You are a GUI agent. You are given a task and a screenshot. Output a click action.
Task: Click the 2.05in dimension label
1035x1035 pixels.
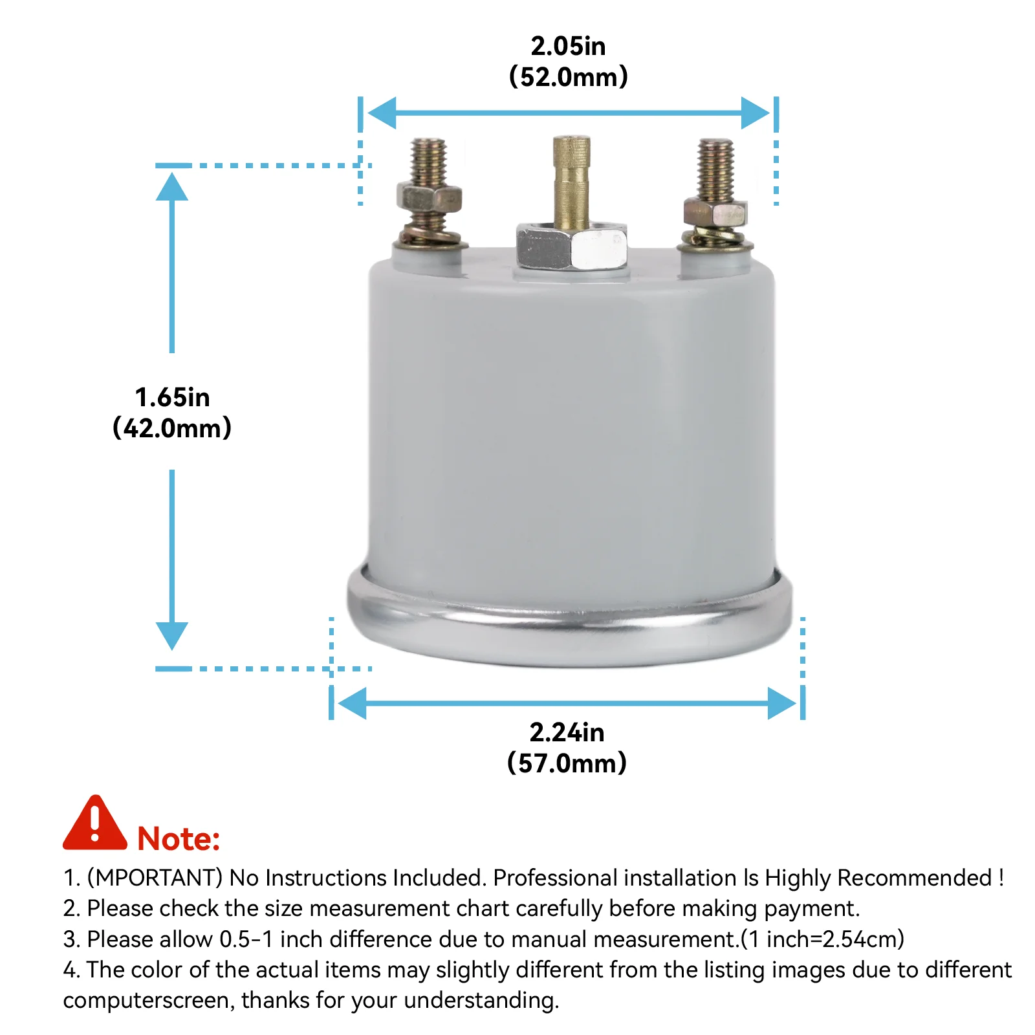(x=568, y=46)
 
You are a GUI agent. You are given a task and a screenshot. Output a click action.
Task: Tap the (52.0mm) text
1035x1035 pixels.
(x=568, y=76)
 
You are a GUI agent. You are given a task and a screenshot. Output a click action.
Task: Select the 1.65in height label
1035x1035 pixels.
(x=172, y=397)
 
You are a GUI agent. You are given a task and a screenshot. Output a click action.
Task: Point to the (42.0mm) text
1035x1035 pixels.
(x=172, y=428)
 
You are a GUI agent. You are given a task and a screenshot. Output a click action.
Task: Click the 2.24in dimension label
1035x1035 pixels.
(x=567, y=732)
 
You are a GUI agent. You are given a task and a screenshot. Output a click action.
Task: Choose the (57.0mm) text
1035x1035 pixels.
(x=567, y=763)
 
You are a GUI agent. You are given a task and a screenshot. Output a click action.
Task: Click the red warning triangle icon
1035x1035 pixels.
(x=95, y=823)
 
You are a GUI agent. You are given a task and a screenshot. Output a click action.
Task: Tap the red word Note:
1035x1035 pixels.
(x=179, y=839)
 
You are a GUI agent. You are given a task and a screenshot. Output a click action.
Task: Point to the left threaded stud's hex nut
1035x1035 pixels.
(x=429, y=197)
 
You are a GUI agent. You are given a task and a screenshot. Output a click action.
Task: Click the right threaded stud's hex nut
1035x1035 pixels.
(x=715, y=212)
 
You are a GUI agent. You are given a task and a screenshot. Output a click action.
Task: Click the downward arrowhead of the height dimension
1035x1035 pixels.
(x=172, y=635)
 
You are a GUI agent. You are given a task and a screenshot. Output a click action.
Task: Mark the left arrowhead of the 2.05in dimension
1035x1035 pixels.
(x=382, y=113)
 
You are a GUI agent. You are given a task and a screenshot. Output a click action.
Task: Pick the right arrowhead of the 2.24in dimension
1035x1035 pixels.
(x=782, y=703)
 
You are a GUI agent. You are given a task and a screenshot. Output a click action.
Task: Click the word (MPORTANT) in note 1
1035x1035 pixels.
(x=155, y=878)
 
